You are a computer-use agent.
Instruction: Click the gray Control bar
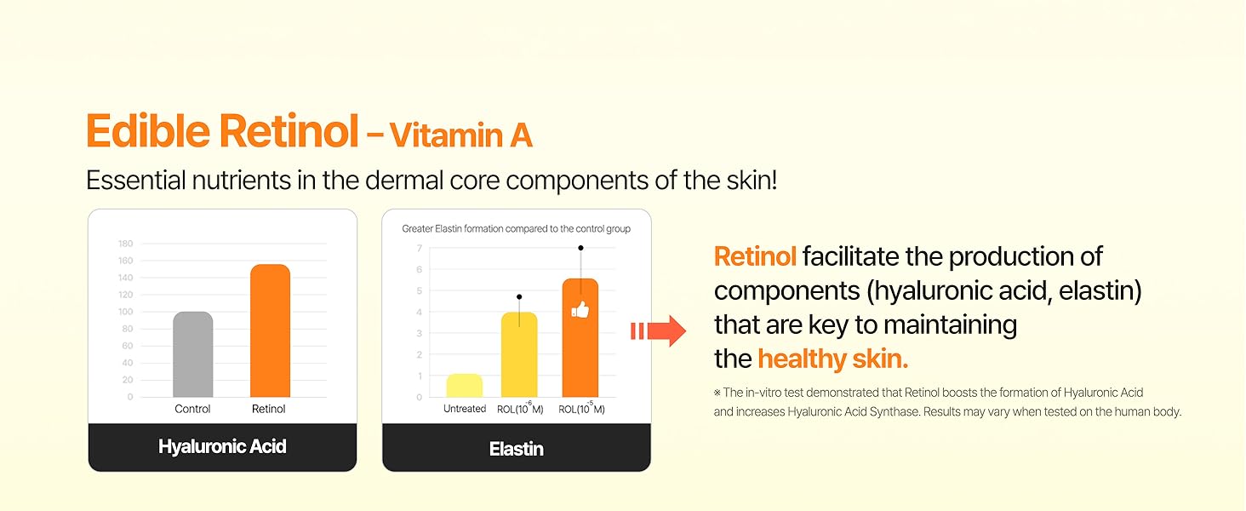pyautogui.click(x=193, y=354)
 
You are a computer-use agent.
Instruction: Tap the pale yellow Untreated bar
pyautogui.click(x=464, y=386)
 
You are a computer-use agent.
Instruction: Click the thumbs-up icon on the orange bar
pyautogui.click(x=580, y=309)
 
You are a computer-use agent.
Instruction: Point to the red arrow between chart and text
pyautogui.click(x=659, y=330)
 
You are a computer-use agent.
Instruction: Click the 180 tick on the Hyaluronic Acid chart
pyautogui.click(x=125, y=244)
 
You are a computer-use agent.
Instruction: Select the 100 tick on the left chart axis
pyautogui.click(x=125, y=312)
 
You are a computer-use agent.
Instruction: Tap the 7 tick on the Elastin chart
pyautogui.click(x=420, y=248)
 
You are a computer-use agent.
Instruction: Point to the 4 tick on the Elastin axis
pyautogui.click(x=420, y=312)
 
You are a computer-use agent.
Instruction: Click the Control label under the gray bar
pyautogui.click(x=193, y=409)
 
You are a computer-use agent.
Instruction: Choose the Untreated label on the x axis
pyautogui.click(x=465, y=409)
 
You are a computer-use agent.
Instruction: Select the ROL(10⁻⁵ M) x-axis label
pyautogui.click(x=581, y=409)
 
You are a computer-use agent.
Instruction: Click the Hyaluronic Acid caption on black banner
pyautogui.click(x=222, y=446)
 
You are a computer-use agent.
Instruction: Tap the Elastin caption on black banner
pyautogui.click(x=517, y=448)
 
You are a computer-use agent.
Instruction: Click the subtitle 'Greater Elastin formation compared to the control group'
pyautogui.click(x=517, y=229)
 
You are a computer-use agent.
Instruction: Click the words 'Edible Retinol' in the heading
pyautogui.click(x=222, y=132)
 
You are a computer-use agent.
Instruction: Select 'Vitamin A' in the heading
pyautogui.click(x=461, y=135)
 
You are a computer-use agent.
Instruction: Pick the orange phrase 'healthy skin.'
pyautogui.click(x=833, y=359)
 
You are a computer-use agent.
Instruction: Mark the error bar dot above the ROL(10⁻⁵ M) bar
pyautogui.click(x=580, y=248)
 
